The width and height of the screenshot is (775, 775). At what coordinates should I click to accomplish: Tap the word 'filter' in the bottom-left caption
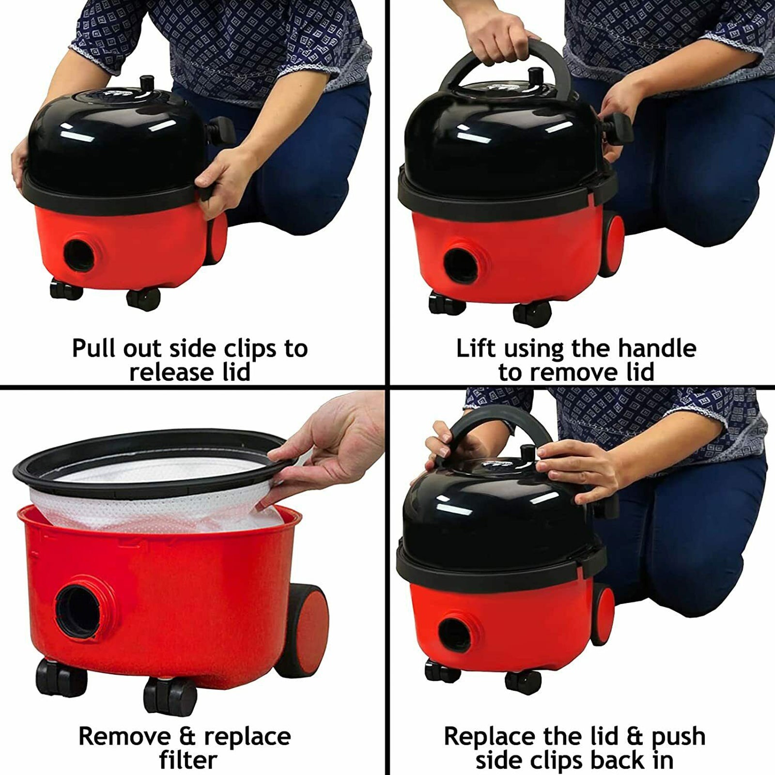[x=188, y=759]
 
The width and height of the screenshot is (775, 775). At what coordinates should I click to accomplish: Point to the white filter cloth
[x=160, y=499]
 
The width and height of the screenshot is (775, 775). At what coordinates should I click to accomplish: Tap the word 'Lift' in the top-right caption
[x=477, y=348]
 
